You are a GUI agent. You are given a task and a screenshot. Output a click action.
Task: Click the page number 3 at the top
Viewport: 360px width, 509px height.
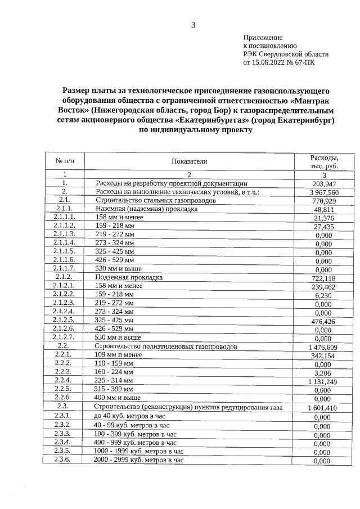coord(193,25)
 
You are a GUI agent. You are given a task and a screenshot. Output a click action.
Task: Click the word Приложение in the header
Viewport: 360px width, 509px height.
coord(262,37)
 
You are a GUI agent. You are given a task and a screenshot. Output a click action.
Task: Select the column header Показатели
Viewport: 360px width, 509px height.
coord(189,161)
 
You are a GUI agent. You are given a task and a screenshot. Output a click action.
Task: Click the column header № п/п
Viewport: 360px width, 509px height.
coord(64,161)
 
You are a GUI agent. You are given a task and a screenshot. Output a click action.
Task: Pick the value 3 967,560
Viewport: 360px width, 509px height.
coord(323,192)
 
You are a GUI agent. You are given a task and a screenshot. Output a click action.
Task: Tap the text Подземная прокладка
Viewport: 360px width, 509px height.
coord(129,277)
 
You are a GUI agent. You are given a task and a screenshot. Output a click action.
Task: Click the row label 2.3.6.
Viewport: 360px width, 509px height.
coord(62,460)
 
